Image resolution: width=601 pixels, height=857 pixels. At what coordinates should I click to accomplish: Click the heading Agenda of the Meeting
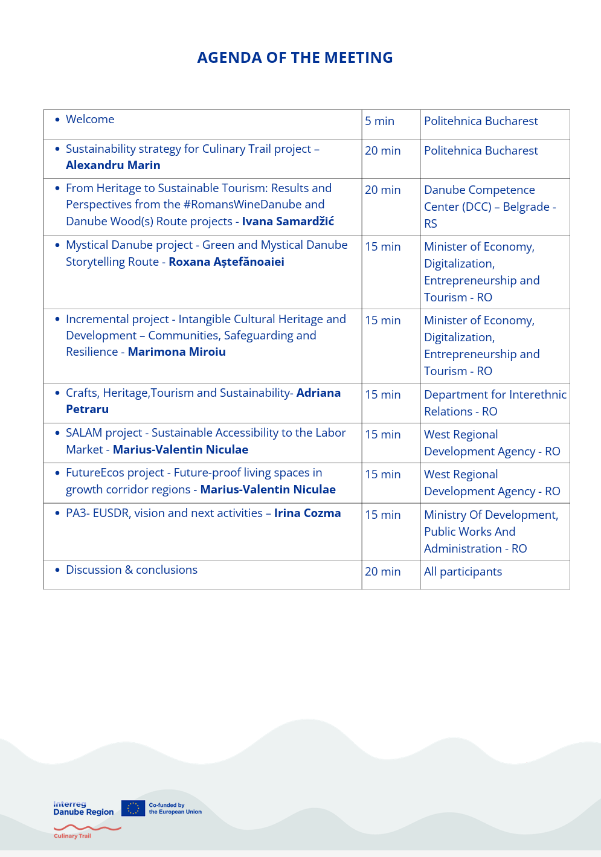295,57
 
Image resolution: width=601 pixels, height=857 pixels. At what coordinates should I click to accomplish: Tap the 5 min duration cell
379,121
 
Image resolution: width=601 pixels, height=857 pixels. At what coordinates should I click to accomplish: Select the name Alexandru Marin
113,165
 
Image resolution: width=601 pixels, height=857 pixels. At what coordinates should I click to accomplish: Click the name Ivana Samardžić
288,222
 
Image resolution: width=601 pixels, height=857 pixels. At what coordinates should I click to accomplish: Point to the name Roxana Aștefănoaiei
226,262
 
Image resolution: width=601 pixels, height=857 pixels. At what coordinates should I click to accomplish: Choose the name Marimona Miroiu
176,352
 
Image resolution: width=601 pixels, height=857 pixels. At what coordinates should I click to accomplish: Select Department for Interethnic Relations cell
495,403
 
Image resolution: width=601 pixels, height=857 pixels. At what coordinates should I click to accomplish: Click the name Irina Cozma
307,513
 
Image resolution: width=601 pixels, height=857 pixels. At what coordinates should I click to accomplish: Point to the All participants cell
463,572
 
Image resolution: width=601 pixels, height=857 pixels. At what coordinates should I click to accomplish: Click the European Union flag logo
133,808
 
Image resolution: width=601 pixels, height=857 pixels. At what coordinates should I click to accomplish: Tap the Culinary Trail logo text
72,836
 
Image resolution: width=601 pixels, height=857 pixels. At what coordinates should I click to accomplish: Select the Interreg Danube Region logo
83,808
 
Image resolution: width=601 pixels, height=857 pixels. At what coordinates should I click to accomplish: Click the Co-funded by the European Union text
175,809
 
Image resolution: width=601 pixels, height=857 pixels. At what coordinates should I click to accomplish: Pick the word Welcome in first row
90,120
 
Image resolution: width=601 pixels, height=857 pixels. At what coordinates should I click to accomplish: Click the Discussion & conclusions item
131,570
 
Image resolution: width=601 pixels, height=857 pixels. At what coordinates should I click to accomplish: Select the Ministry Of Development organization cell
490,531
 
